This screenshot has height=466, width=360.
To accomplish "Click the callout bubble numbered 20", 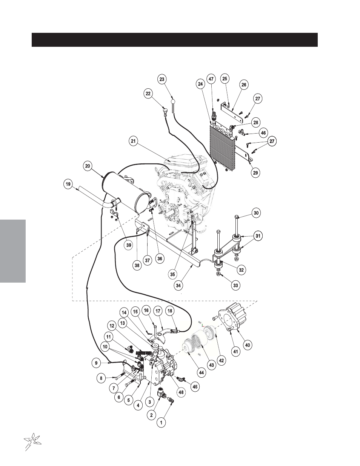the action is click(88, 166).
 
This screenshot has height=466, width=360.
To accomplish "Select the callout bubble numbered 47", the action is click(211, 79).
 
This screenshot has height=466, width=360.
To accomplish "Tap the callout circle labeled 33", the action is click(235, 285).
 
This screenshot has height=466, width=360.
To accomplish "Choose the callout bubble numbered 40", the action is click(248, 345).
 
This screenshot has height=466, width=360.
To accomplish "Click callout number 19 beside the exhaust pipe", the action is click(68, 184).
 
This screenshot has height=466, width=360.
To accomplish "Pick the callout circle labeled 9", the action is click(96, 363).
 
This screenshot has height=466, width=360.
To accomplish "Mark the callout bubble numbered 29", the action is click(255, 172).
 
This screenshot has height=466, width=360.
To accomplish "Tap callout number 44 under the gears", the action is click(201, 373).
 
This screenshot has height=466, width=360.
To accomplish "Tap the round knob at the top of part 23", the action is click(173, 101).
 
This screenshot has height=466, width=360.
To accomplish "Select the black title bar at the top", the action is click(175, 40).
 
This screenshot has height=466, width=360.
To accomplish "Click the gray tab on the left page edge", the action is click(13, 251).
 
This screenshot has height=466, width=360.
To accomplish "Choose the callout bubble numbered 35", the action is click(172, 274).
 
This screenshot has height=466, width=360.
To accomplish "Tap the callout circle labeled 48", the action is click(181, 392).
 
